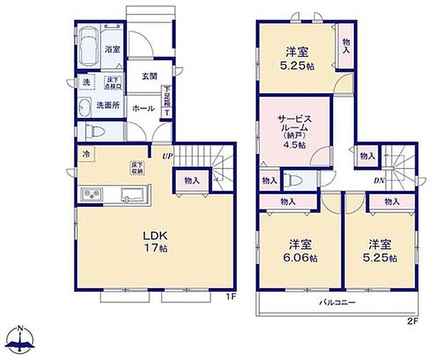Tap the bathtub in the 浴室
(89, 46)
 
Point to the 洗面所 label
(108, 106)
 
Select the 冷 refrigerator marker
(85, 154)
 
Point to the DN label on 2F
(379, 180)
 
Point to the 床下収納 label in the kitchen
(136, 168)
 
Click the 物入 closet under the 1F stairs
(191, 180)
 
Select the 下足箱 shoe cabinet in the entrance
(167, 101)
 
